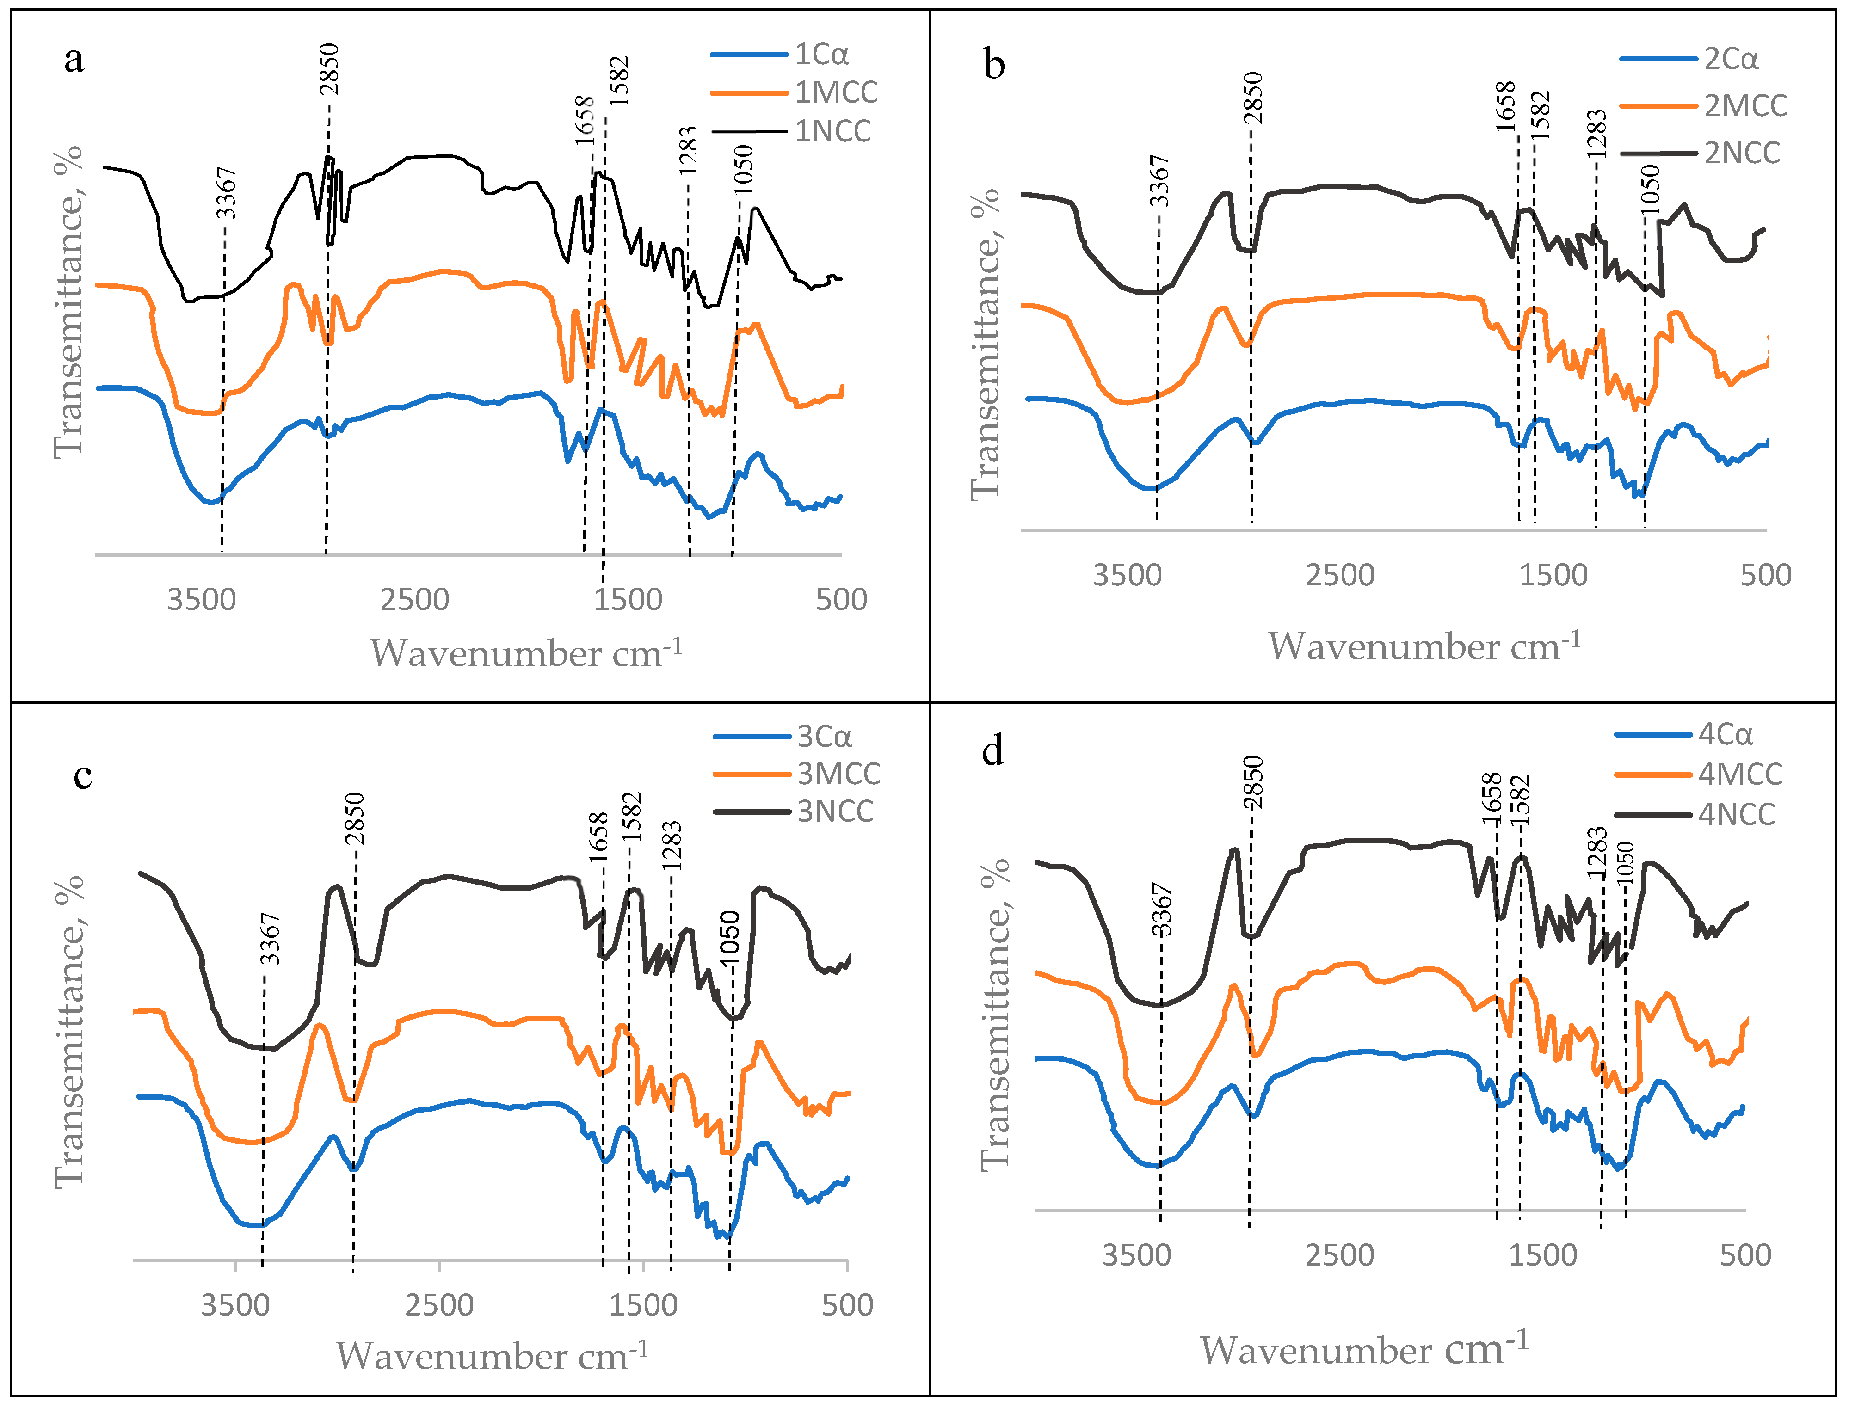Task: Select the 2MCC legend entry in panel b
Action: [1745, 105]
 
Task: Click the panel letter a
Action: [74, 60]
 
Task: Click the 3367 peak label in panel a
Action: [226, 193]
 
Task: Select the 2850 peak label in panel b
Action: [1252, 98]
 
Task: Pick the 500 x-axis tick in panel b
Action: [1765, 575]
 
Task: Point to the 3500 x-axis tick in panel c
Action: [234, 1305]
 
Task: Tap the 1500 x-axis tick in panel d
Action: [1542, 1255]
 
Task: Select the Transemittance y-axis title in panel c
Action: [69, 1031]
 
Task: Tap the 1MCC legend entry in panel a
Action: [836, 92]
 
